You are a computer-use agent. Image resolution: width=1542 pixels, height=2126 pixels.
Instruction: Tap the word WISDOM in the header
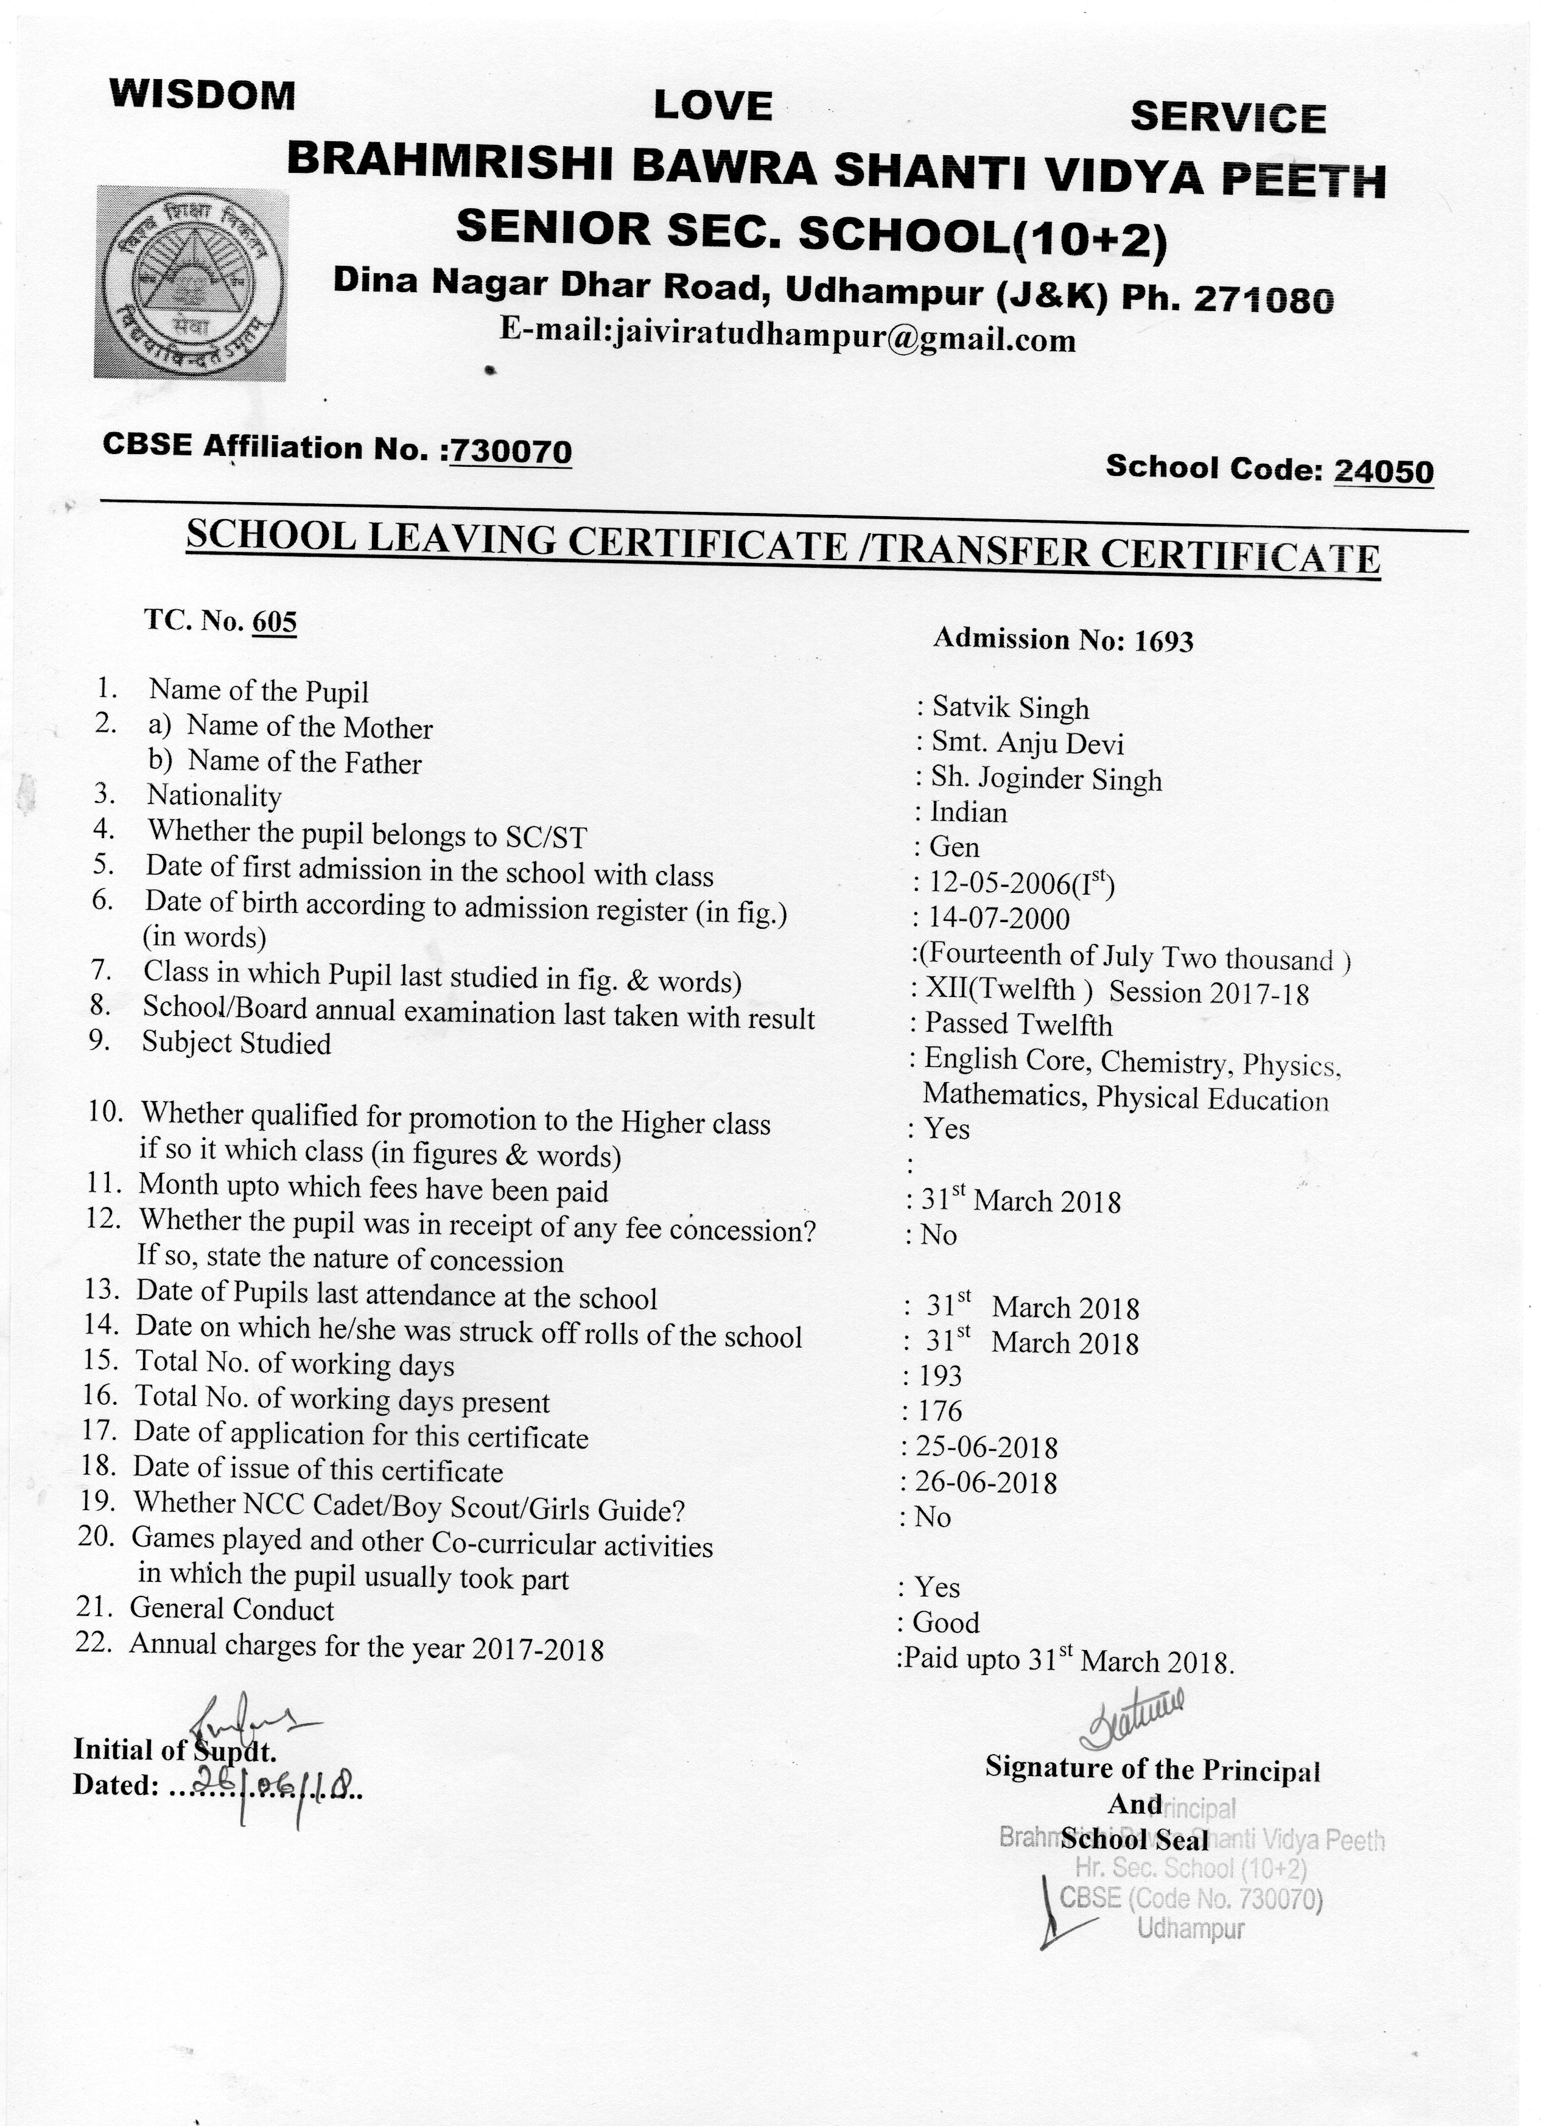[x=203, y=95]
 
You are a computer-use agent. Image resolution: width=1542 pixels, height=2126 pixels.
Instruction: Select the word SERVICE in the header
[x=1228, y=118]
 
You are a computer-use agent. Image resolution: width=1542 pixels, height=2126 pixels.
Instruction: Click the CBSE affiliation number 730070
[x=511, y=452]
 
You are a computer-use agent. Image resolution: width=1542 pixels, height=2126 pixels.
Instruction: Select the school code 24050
[x=1384, y=470]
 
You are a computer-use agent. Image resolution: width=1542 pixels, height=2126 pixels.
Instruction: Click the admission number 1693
[x=1163, y=641]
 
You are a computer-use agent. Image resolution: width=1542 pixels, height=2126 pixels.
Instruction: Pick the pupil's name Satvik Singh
[x=1009, y=708]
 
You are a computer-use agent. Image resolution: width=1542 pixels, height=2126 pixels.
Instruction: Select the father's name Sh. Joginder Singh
[x=1045, y=779]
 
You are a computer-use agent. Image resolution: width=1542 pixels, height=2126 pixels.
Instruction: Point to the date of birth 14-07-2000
[x=998, y=918]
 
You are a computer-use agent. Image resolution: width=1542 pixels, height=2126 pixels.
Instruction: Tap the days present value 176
[x=939, y=1411]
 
